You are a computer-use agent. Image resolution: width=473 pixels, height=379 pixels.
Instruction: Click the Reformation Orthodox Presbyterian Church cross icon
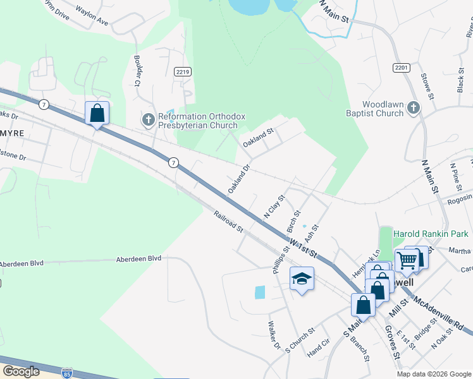pos(148,119)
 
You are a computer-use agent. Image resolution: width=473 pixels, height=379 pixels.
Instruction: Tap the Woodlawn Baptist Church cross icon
pos(414,108)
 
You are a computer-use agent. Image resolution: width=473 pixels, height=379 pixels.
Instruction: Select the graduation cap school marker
pos(302,279)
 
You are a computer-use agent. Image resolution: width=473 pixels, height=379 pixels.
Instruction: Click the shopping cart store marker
pos(407,259)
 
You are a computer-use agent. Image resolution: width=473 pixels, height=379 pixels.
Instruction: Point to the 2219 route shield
pos(183,72)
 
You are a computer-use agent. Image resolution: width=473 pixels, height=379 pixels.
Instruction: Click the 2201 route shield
pos(401,68)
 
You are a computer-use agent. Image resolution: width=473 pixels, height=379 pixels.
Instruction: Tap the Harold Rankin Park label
pos(433,234)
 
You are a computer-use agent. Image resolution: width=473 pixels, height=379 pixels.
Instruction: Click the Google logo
pos(21,371)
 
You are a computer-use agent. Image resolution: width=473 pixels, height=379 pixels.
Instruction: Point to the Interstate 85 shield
pos(67,375)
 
